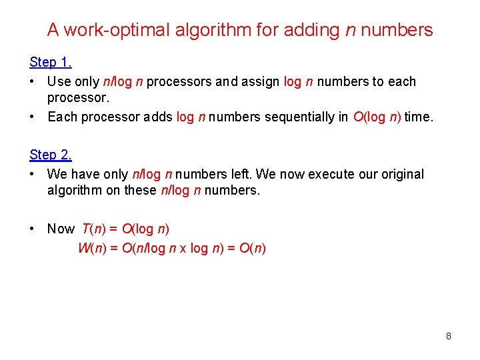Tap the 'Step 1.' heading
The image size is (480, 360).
[x=51, y=62]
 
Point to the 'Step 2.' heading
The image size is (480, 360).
[x=51, y=155]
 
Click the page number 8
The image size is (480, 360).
[x=449, y=336]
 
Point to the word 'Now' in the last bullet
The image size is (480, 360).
[x=61, y=229]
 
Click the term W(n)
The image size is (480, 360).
[x=91, y=249]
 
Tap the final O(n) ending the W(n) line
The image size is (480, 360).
[x=253, y=249]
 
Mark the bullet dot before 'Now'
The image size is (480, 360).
[x=33, y=229]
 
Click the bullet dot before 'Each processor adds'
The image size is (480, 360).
[x=33, y=117]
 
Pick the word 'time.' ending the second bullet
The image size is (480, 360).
[x=418, y=117]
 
